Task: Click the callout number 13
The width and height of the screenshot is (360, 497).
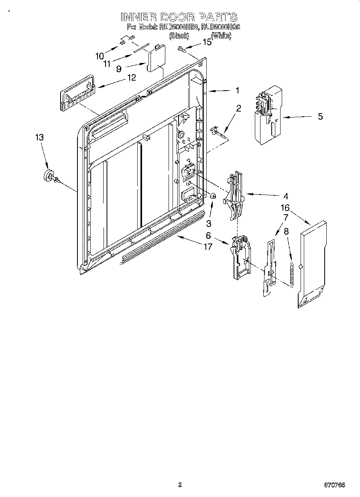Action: (39, 137)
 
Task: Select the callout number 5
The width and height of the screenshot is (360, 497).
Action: (320, 117)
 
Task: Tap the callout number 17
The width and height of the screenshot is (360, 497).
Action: (207, 247)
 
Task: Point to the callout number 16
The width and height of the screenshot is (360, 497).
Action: (285, 208)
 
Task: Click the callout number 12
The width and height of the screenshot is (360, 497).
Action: (131, 77)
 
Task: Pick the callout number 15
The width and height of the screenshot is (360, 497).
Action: (206, 42)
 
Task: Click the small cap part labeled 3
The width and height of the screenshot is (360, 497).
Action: (214, 196)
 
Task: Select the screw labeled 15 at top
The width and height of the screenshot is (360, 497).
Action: (182, 49)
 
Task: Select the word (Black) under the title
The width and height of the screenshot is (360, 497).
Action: (179, 36)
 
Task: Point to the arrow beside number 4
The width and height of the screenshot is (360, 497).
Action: (262, 195)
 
